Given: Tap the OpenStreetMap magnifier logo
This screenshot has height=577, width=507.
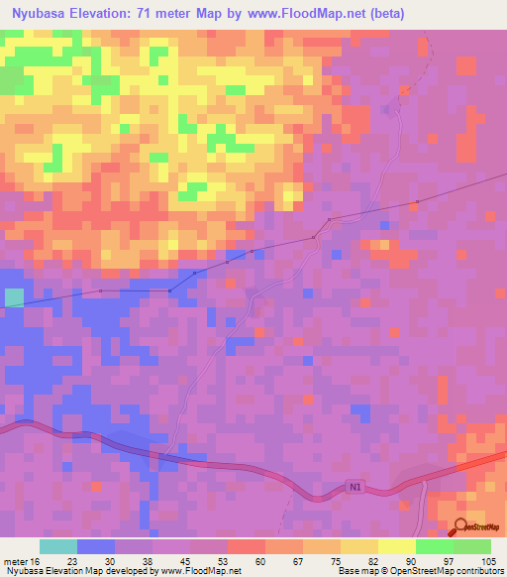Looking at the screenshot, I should (x=460, y=526).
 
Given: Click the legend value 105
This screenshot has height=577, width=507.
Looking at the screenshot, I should (x=485, y=561).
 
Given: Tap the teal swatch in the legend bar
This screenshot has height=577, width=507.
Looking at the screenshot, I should (x=58, y=546).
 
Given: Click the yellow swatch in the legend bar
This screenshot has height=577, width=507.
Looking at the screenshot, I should (x=396, y=546).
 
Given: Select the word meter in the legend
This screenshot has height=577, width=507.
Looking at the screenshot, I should (x=15, y=561).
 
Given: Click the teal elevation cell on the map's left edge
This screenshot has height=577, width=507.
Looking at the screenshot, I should (x=14, y=297).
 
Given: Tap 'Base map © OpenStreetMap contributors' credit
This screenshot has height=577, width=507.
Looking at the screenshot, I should (x=419, y=572).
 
